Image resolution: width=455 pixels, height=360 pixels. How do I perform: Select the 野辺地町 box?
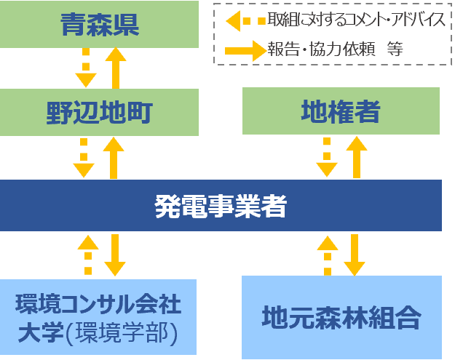99,112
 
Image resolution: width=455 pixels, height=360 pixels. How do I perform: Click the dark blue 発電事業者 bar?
221,206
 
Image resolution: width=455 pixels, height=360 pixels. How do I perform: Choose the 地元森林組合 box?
341,317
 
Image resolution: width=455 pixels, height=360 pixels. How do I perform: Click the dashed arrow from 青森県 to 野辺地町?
85,68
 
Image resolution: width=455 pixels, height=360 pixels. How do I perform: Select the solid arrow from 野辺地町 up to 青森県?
115,68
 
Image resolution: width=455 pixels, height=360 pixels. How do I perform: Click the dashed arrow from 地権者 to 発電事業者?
327,157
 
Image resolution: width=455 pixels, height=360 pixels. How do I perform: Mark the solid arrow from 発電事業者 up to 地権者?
355,157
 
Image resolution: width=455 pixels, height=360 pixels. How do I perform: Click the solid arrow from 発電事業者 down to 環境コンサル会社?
115,255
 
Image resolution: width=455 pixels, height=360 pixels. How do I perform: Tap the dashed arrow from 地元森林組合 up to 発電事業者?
327,255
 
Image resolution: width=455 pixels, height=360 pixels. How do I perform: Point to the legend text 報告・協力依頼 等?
335,49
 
